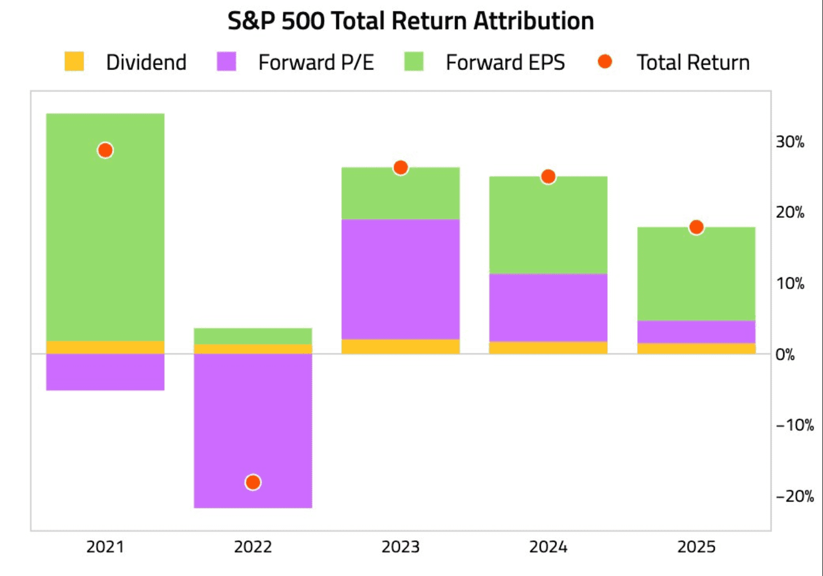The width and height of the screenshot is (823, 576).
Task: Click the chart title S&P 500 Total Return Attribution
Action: coord(411,21)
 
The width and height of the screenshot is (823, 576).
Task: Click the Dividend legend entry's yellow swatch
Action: coord(74,62)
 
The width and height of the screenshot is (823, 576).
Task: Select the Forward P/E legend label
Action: coord(315,63)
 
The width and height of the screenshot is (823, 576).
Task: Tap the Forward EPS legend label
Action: coord(505,63)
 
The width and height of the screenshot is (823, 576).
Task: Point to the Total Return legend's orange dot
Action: coord(605,62)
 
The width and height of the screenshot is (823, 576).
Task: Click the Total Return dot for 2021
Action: coord(105,150)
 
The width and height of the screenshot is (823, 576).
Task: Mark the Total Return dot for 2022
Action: coord(253,482)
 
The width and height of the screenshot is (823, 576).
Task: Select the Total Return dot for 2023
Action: coord(401,168)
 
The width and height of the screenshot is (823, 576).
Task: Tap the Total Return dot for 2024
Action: coord(548,177)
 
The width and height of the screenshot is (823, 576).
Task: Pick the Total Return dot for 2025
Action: coord(696,228)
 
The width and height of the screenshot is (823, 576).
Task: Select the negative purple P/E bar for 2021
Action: coord(105,372)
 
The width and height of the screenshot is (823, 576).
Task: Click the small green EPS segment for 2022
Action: coord(253,336)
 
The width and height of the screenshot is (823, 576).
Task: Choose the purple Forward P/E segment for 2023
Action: coord(401,279)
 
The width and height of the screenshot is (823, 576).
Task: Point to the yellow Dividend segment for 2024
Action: coord(548,348)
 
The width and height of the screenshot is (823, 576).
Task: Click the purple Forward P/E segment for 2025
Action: coord(696,332)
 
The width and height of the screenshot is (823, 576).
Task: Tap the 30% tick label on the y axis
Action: coord(790,142)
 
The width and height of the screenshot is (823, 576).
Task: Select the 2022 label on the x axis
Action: coord(253,547)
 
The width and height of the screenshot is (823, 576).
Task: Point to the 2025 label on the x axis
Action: coord(696,547)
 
